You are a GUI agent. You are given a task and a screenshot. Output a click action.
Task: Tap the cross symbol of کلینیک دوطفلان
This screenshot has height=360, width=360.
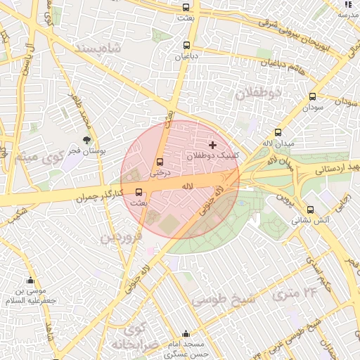tap(213, 144)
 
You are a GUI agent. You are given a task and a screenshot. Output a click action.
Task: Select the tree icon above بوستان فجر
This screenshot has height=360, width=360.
tap(87, 140)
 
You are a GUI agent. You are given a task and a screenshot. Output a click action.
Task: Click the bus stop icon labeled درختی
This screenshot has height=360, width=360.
tap(160, 162)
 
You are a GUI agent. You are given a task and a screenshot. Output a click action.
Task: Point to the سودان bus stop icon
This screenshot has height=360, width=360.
tap(312, 97)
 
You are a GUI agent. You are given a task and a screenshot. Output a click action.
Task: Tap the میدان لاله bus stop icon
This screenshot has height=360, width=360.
tap(278, 132)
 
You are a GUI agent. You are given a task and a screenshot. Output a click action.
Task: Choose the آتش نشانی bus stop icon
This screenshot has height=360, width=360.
tap(310, 209)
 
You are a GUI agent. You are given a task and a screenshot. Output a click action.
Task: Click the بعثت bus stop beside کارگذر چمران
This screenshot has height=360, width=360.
tap(139, 191)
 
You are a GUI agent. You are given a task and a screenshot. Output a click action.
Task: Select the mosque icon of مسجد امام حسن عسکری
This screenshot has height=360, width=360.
tap(186, 333)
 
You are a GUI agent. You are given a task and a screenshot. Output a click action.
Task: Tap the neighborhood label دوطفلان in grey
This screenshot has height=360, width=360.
tap(258, 93)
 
